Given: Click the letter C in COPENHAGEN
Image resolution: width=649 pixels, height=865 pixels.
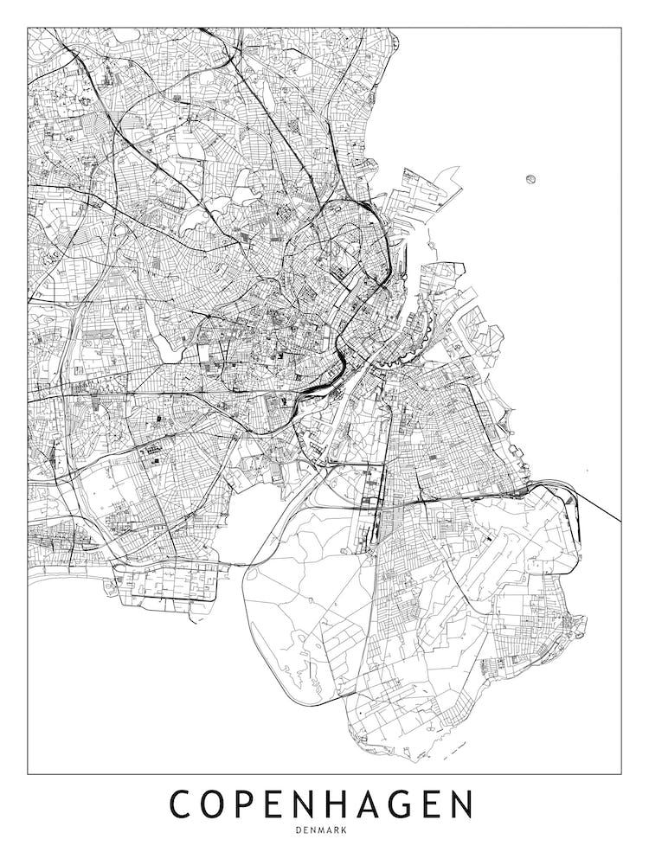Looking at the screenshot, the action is coord(184,804).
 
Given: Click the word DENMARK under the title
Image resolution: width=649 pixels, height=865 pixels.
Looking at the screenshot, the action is coord(324,830).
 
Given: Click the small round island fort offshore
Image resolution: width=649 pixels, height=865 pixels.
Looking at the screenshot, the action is coord(530,180).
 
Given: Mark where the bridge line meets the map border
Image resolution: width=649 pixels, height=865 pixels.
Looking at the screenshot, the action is coord(620,522).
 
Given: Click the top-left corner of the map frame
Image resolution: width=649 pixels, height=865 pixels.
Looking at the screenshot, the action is coord(28,28).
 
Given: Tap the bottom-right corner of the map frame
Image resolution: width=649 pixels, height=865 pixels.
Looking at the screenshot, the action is coord(620,772).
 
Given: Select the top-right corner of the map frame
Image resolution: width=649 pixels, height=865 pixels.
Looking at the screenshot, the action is coord(620,28).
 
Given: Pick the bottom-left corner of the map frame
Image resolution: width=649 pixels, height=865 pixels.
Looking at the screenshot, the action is coord(28,772).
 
